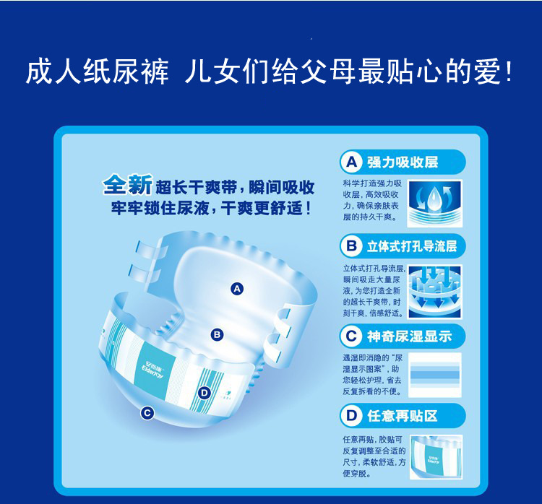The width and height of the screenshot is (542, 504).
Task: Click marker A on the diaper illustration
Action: [x=237, y=289]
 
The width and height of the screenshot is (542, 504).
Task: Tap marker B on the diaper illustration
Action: [x=217, y=335]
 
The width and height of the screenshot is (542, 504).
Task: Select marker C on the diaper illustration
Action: [x=147, y=413]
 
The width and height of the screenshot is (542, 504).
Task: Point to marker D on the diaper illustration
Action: [x=205, y=393]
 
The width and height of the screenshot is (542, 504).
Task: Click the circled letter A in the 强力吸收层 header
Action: [x=351, y=162]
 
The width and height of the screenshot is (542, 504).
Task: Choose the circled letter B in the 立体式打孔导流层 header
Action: [x=351, y=246]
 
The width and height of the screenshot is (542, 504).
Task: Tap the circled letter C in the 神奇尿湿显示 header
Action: [x=351, y=336]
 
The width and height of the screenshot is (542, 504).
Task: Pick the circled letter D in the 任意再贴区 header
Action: [x=351, y=415]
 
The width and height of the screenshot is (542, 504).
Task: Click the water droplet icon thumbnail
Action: [x=434, y=204]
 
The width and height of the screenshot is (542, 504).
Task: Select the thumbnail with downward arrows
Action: [x=435, y=291]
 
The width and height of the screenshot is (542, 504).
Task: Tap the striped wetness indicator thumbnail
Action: [x=435, y=375]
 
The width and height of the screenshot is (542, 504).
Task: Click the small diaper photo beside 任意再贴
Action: [x=436, y=457]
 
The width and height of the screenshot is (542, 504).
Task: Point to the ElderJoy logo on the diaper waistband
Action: [x=153, y=370]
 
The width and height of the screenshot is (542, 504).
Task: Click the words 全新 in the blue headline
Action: [x=127, y=185]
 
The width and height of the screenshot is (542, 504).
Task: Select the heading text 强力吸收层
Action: [x=403, y=162]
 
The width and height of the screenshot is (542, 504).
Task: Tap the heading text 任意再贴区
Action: [x=403, y=416]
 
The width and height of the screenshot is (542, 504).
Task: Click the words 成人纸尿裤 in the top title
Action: [x=98, y=72]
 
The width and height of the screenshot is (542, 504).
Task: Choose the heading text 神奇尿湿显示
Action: [x=410, y=336]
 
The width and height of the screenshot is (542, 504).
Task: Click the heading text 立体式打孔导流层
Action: [x=412, y=246]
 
